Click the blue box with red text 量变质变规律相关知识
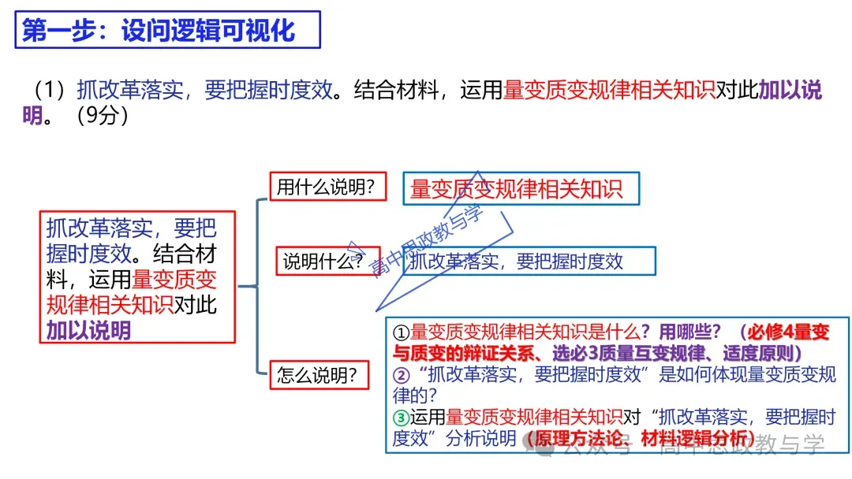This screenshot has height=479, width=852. click(519, 188)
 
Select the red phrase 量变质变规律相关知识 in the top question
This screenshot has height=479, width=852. click(609, 90)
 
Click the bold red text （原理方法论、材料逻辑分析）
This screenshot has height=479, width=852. click(643, 439)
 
